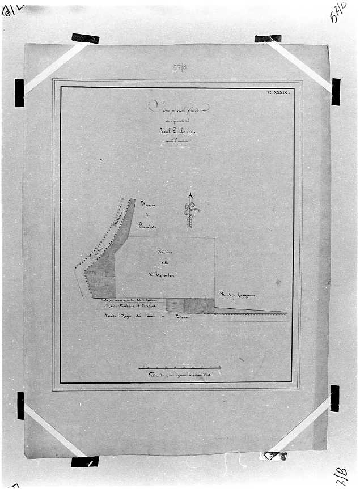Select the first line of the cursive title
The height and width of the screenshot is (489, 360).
point(179,107)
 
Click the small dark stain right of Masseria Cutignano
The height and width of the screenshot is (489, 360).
point(277,282)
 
